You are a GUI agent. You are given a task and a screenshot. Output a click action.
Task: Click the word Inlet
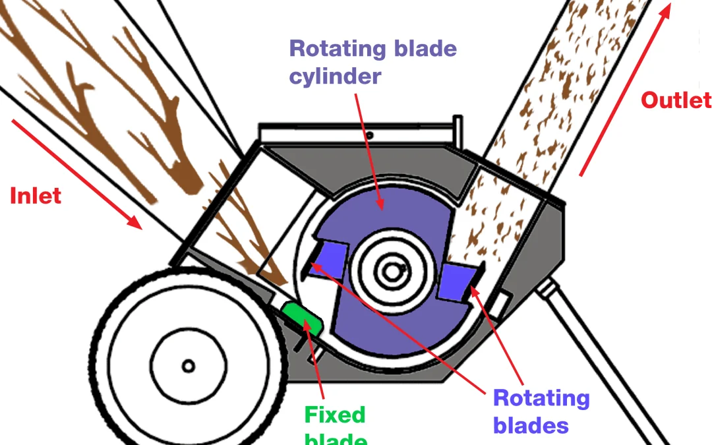pyautogui.click(x=36, y=196)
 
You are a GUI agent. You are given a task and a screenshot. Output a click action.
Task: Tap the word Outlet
pyautogui.click(x=675, y=100)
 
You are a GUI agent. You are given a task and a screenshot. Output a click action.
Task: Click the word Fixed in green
pyautogui.click(x=334, y=415)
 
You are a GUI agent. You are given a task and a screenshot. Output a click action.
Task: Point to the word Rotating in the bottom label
pyautogui.click(x=541, y=398)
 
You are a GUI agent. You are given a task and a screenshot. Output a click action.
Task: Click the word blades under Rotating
pyautogui.click(x=531, y=426)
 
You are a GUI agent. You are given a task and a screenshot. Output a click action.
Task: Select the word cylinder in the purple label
pyautogui.click(x=335, y=76)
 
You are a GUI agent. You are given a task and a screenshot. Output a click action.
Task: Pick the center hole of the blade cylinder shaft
pyautogui.click(x=394, y=271)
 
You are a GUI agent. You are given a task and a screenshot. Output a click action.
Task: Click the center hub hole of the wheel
pyautogui.click(x=189, y=366)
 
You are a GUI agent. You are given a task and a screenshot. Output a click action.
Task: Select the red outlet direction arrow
pyautogui.click(x=623, y=92)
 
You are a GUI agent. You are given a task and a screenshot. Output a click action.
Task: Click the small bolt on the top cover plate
pyautogui.click(x=370, y=135)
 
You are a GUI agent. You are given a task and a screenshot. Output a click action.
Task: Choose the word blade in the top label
pyautogui.click(x=425, y=49)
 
